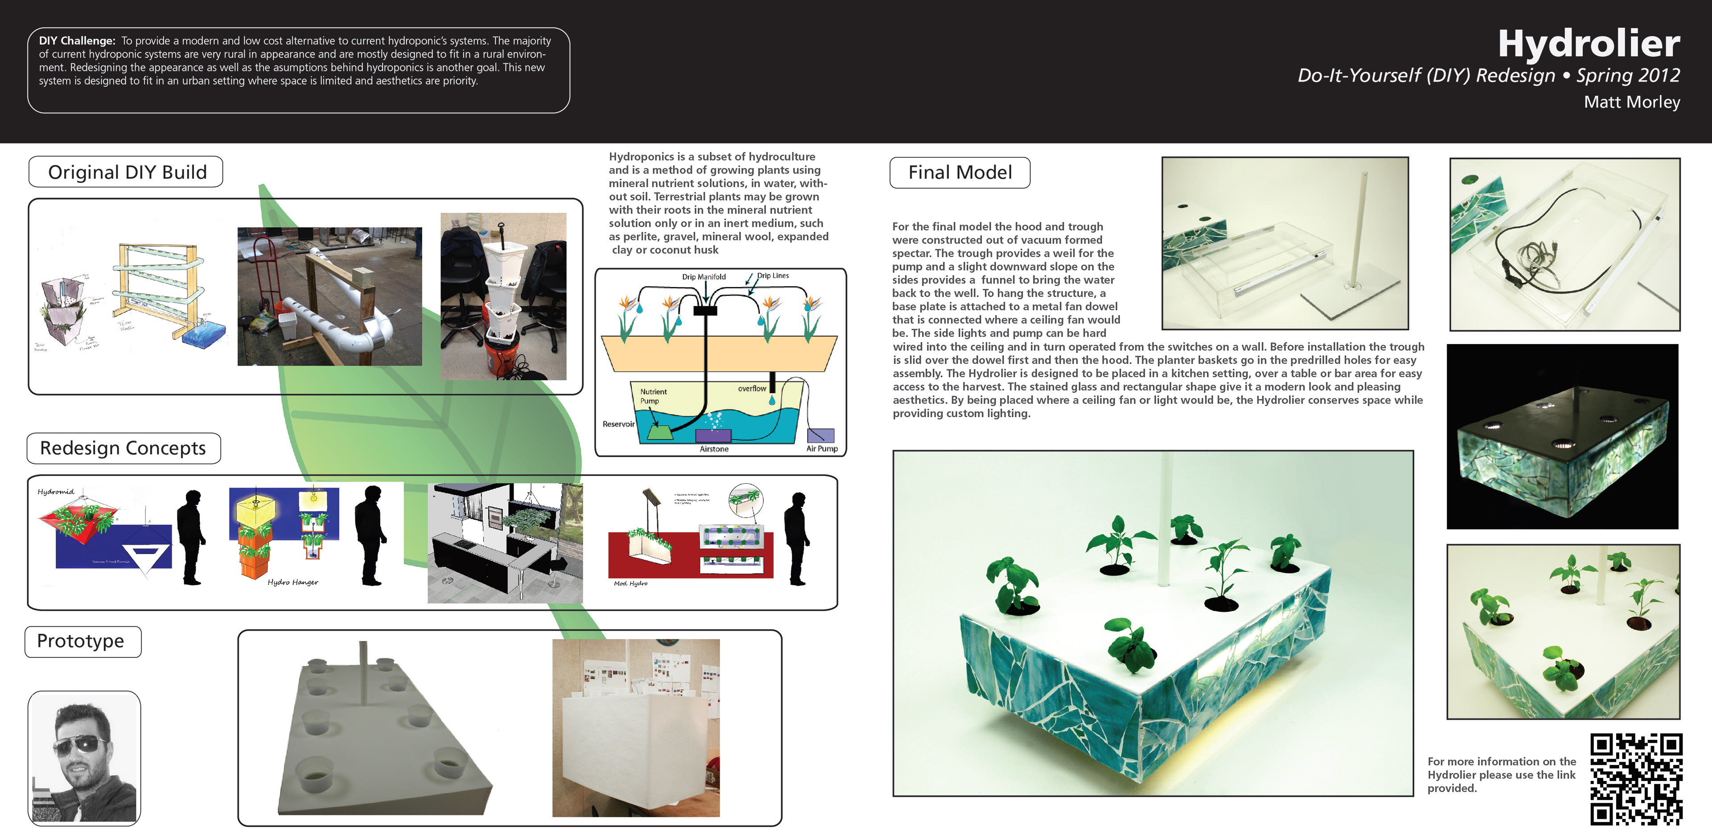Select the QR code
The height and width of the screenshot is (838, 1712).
coord(1636,779)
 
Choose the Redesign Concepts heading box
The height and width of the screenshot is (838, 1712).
coord(123,448)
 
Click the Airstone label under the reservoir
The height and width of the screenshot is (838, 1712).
coord(714,449)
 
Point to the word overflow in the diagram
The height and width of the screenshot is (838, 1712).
coord(752,389)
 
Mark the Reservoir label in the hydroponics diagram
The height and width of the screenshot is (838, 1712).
coord(618,424)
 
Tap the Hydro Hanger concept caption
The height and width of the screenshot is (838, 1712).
coord(292,582)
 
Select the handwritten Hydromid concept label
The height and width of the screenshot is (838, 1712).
coord(56,492)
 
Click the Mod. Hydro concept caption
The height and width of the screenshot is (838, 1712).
coord(630,583)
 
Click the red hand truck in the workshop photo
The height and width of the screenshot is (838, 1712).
coord(263,279)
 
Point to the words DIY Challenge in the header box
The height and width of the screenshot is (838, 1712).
coord(76,41)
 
